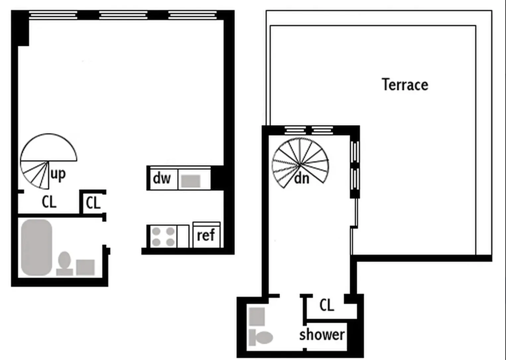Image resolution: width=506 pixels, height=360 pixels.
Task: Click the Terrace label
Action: pyautogui.click(x=405, y=85)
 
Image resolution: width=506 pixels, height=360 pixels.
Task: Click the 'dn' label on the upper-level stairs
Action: pyautogui.click(x=301, y=179)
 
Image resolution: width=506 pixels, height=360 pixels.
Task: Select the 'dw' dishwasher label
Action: pyautogui.click(x=161, y=179)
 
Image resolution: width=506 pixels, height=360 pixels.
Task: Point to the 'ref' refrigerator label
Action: pyautogui.click(x=206, y=236)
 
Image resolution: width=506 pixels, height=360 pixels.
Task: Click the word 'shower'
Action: pyautogui.click(x=322, y=335)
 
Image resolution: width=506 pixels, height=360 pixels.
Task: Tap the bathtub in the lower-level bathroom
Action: pyautogui.click(x=36, y=247)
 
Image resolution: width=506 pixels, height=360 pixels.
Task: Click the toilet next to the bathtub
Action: pyautogui.click(x=64, y=264)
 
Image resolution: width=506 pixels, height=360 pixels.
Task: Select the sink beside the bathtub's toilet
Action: pyautogui.click(x=86, y=267)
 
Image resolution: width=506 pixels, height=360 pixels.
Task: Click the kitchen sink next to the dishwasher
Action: pyautogui.click(x=191, y=181)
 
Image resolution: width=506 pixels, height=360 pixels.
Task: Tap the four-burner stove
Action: pyautogui.click(x=163, y=237)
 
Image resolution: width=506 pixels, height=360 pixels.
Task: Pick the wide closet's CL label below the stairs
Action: pyautogui.click(x=49, y=202)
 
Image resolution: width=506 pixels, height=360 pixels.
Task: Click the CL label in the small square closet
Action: pyautogui.click(x=93, y=203)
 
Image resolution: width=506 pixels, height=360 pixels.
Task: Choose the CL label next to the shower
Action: pyautogui.click(x=327, y=305)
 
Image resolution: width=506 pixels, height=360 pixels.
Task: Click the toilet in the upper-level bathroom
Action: pyautogui.click(x=261, y=337)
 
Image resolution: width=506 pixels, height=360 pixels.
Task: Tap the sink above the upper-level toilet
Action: pyautogui.click(x=257, y=317)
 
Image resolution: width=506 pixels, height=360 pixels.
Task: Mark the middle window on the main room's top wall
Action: pyautogui.click(x=123, y=15)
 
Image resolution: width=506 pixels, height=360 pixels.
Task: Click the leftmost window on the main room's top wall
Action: pyautogui.click(x=53, y=15)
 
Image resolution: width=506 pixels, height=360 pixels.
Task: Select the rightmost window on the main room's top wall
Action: pyautogui.click(x=193, y=15)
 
